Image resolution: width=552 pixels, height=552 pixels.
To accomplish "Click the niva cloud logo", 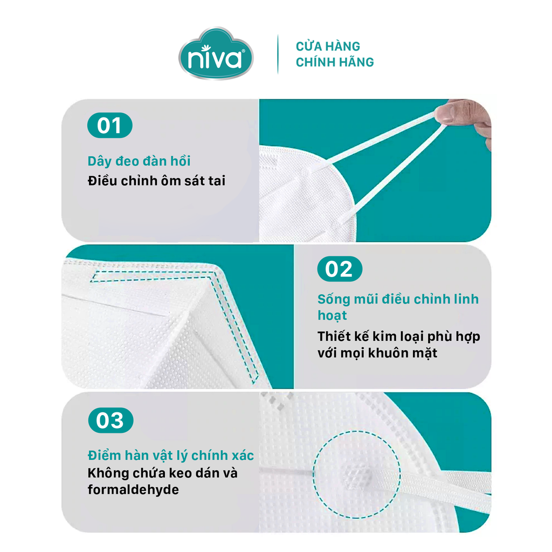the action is [x=216, y=53].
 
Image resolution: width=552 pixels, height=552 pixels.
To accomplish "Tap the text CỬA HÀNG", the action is [x=328, y=46].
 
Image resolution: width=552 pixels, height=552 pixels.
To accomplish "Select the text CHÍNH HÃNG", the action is [x=334, y=62].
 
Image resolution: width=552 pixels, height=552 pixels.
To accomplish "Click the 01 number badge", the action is [x=109, y=125].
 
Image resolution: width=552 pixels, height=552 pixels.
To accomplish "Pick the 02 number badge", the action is [x=340, y=269].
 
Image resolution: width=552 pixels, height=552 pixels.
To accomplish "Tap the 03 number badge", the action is [x=111, y=420].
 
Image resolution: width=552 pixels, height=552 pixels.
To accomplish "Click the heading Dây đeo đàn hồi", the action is [x=139, y=161].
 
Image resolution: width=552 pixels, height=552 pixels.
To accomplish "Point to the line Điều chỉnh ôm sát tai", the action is [x=157, y=181].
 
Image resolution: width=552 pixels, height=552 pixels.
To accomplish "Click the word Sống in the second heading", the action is [x=334, y=300].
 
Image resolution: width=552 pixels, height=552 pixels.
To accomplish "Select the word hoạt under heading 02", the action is [x=332, y=315].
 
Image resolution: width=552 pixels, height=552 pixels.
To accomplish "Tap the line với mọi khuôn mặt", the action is [x=377, y=353].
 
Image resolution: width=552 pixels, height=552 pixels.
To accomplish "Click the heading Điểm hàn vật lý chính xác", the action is [x=171, y=455].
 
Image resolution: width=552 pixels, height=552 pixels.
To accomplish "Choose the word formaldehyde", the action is [x=133, y=489].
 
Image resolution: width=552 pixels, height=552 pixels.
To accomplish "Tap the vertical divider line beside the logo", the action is [x=278, y=54].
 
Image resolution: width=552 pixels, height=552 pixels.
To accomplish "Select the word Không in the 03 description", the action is [x=108, y=473].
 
